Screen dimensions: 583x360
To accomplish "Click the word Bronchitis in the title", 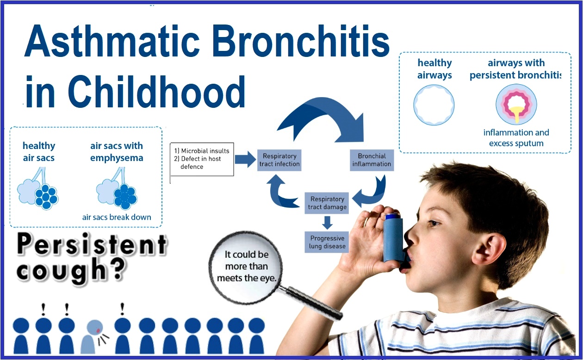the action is (301, 41).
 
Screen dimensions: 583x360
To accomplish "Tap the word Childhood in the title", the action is (157, 91).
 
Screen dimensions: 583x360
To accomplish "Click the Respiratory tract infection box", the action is (279, 160).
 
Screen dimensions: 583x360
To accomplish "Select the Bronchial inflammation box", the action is (372, 160).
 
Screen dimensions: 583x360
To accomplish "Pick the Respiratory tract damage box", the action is (327, 203).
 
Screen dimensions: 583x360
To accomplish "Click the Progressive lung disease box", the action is (327, 242).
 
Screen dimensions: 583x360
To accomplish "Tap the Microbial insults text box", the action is (202, 159).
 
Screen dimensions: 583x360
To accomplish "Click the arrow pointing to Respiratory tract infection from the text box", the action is (245, 159).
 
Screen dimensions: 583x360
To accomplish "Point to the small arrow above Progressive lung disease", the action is (327, 223).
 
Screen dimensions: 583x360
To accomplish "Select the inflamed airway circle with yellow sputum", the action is (516, 104).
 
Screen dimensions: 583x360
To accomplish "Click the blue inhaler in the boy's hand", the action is (393, 237).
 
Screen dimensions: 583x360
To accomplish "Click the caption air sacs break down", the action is (117, 217).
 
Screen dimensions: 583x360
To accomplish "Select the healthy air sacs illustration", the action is (38, 189).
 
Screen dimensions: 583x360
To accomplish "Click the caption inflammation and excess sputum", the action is (516, 138).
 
